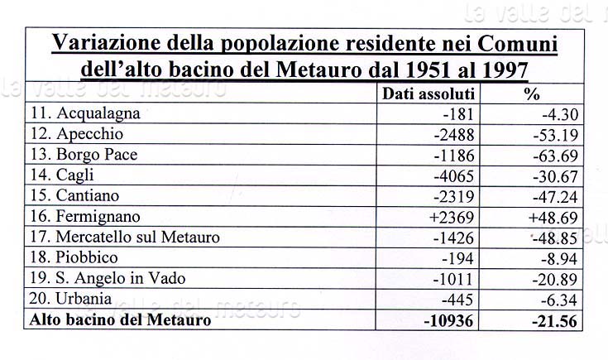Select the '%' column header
click(x=532, y=94)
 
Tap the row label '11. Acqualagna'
click(x=85, y=113)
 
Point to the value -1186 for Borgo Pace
click(x=452, y=155)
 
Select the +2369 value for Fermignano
click(x=450, y=217)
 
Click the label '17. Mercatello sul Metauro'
click(x=124, y=238)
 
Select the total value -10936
click(x=448, y=319)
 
